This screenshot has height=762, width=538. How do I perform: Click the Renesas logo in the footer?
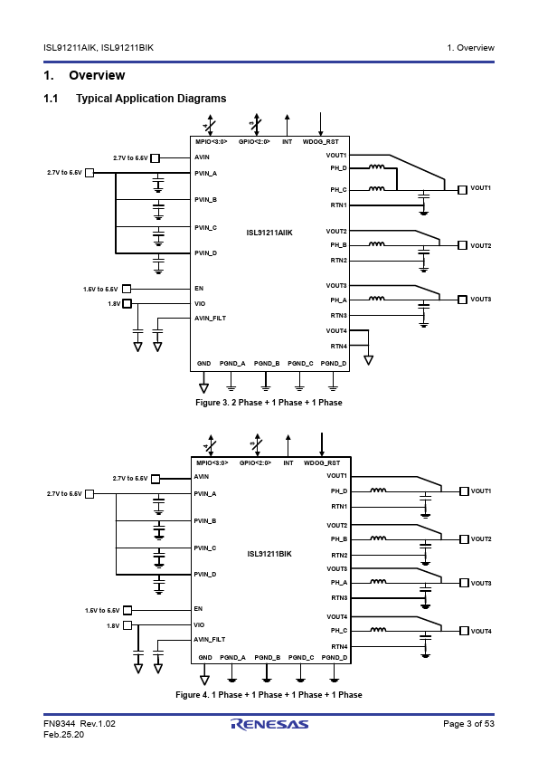pyautogui.click(x=269, y=724)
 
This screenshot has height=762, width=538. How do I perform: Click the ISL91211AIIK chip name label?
pyautogui.click(x=269, y=233)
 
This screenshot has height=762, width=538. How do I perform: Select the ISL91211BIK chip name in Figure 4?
pyautogui.click(x=269, y=554)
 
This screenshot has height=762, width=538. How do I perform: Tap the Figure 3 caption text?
pyautogui.click(x=269, y=403)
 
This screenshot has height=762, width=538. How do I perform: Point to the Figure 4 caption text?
pyautogui.click(x=269, y=695)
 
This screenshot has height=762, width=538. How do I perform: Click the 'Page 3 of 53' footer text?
pyautogui.click(x=468, y=724)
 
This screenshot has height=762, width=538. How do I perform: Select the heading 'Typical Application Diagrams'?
pyautogui.click(x=151, y=99)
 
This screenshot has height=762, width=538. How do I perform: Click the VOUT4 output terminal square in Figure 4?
pyautogui.click(x=464, y=631)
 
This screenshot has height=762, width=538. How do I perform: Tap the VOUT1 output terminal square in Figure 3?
pyautogui.click(x=462, y=189)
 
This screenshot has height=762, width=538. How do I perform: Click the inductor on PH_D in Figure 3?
pyautogui.click(x=376, y=167)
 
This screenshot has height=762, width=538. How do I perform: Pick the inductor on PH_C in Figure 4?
pyautogui.click(x=378, y=629)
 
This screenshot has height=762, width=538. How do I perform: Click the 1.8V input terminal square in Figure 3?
pyautogui.click(x=127, y=304)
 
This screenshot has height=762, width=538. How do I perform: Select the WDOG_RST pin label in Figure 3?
pyautogui.click(x=320, y=142)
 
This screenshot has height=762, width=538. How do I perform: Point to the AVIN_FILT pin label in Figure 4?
pyautogui.click(x=209, y=640)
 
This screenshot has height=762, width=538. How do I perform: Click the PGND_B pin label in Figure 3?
pyautogui.click(x=267, y=364)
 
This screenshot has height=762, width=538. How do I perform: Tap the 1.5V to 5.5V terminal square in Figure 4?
pyautogui.click(x=127, y=610)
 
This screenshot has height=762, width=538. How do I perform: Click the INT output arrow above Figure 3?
pyautogui.click(x=287, y=125)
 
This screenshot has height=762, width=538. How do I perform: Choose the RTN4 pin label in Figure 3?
pyautogui.click(x=339, y=347)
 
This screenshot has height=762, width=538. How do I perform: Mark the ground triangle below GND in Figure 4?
pyautogui.click(x=205, y=680)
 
